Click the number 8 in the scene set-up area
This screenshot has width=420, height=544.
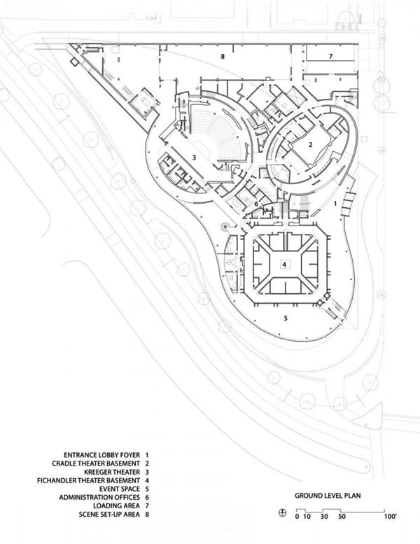(x=223, y=56)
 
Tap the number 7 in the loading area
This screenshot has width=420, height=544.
(x=331, y=56)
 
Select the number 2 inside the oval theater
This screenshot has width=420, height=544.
(x=310, y=145)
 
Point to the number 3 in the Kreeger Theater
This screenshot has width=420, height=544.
(x=194, y=158)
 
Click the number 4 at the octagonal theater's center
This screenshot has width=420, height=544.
(x=284, y=265)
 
